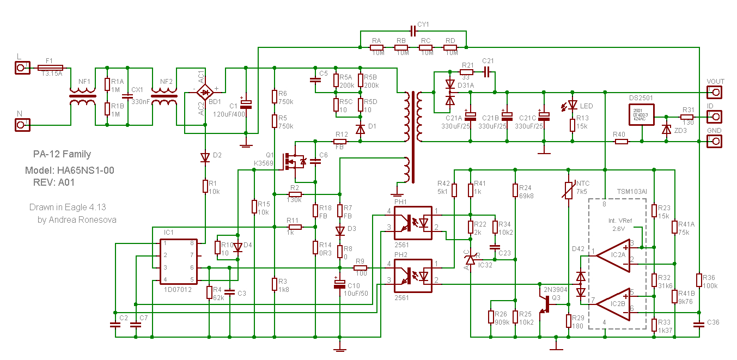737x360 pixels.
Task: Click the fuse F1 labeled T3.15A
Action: point(50,68)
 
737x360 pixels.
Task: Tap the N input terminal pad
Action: point(21,125)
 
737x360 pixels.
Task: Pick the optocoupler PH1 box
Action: point(412,222)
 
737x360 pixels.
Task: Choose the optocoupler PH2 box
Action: point(412,274)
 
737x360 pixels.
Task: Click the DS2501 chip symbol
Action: point(642,115)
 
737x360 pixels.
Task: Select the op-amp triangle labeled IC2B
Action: point(613,302)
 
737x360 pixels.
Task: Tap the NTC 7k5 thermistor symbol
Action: point(568,190)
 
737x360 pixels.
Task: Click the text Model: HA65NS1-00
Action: point(70,170)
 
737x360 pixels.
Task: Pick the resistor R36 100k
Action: point(699,280)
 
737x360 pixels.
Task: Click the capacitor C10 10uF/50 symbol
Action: point(339,284)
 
